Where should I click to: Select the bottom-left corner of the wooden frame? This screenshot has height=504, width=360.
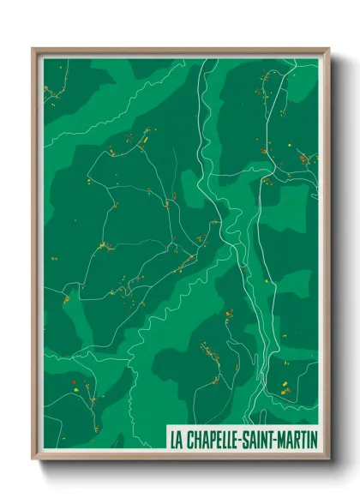pos(33,459)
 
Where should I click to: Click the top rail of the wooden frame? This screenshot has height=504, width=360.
pos(180,51)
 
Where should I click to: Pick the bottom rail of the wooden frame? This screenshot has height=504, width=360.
pos(180,457)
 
